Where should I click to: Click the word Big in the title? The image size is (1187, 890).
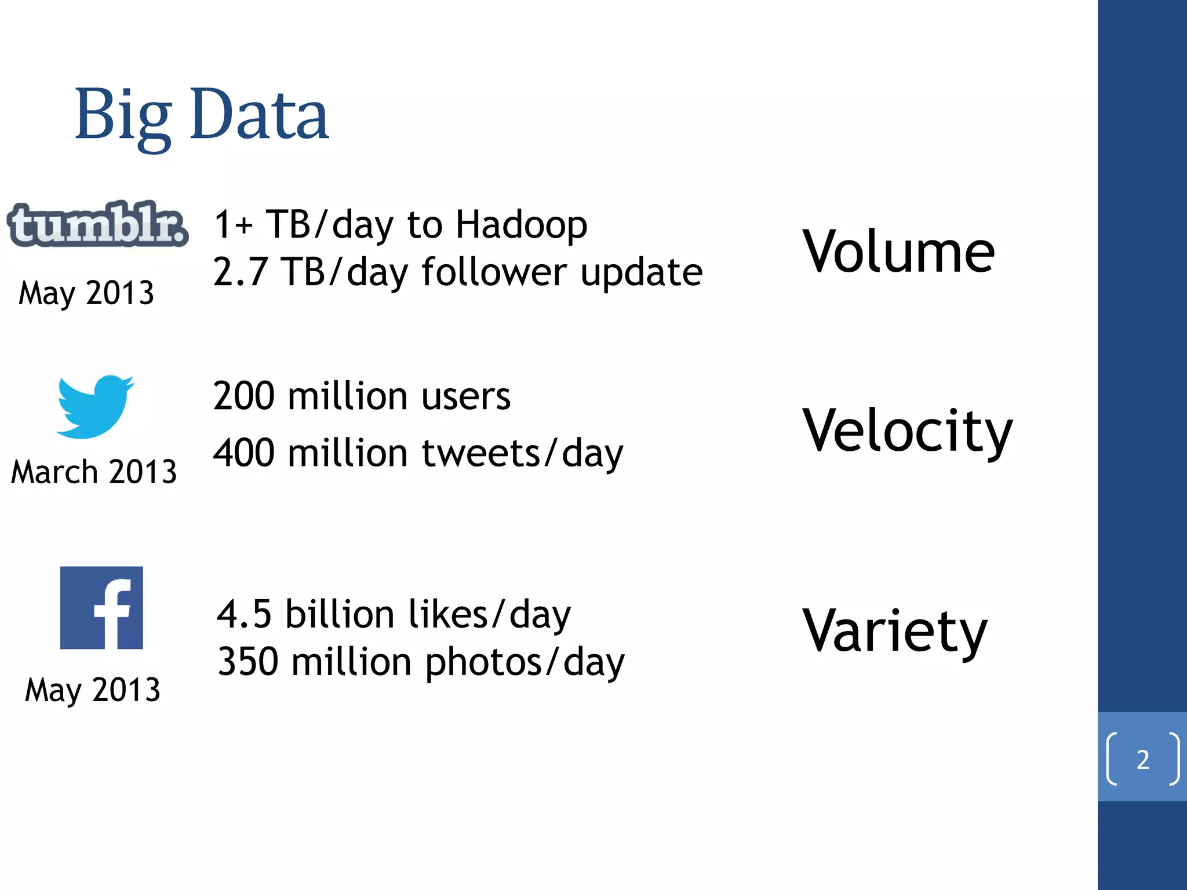click(x=123, y=116)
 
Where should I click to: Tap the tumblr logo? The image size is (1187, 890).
click(x=97, y=224)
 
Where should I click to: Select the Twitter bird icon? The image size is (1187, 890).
click(x=95, y=406)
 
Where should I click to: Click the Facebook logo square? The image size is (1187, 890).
click(x=101, y=608)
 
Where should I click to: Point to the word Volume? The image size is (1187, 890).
click(x=898, y=251)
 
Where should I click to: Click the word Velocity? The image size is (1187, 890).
click(x=907, y=432)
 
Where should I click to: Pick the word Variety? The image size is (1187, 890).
click(x=895, y=632)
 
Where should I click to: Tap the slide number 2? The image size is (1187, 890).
click(x=1142, y=760)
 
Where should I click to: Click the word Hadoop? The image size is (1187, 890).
click(x=521, y=225)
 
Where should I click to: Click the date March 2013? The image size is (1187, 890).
click(x=94, y=472)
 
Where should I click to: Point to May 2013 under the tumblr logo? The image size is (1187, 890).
click(x=87, y=293)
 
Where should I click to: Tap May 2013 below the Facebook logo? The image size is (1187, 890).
click(x=93, y=690)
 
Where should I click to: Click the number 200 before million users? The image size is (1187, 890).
click(x=243, y=396)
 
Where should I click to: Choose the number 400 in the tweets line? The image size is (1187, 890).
click(x=243, y=453)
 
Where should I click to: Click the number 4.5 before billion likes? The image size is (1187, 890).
click(x=244, y=614)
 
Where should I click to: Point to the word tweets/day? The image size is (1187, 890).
click(x=522, y=453)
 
